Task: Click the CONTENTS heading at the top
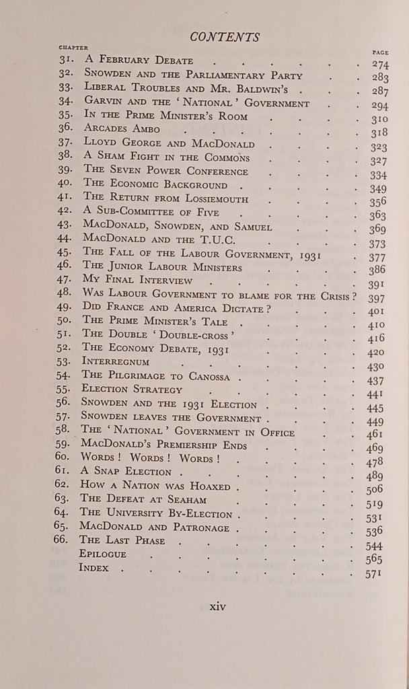coord(225,36)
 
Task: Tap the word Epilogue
coord(103,553)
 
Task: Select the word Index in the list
coord(94,567)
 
